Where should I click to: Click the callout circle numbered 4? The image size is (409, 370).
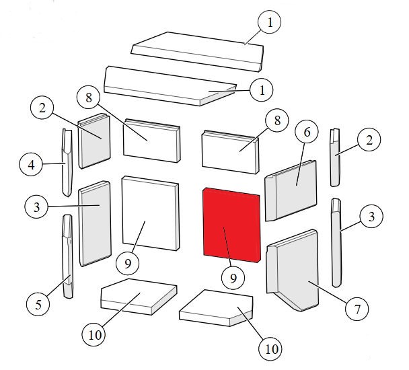pos(31,164)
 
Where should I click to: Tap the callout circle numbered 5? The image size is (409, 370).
pos(38,304)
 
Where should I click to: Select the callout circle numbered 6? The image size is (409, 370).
pos(307,132)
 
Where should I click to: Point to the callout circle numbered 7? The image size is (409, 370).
pos(357,309)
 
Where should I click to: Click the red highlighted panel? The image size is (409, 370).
pos(231,225)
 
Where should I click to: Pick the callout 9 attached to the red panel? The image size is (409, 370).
pos(233,278)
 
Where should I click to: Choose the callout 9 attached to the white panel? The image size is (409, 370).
pos(128,263)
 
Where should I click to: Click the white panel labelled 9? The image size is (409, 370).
pos(151,213)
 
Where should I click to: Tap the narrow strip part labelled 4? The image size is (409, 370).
pos(67,163)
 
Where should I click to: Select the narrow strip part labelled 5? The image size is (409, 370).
pos(67,256)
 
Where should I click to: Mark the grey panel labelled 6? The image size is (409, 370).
pos(291,190)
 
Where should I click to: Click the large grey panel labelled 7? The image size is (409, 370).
pos(293,270)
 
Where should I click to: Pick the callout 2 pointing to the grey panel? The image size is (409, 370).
pos(42,107)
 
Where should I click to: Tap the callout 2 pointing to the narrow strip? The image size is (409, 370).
pos(369,140)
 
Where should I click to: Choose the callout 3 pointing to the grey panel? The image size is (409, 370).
pos(36,207)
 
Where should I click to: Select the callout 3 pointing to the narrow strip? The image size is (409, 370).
pos(371,216)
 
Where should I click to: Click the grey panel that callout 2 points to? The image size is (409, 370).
pos(94,141)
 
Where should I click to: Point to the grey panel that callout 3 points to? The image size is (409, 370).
pos(95,223)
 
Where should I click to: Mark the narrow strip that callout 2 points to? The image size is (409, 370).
pos(336,157)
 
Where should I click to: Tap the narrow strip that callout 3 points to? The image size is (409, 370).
pos(336,243)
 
